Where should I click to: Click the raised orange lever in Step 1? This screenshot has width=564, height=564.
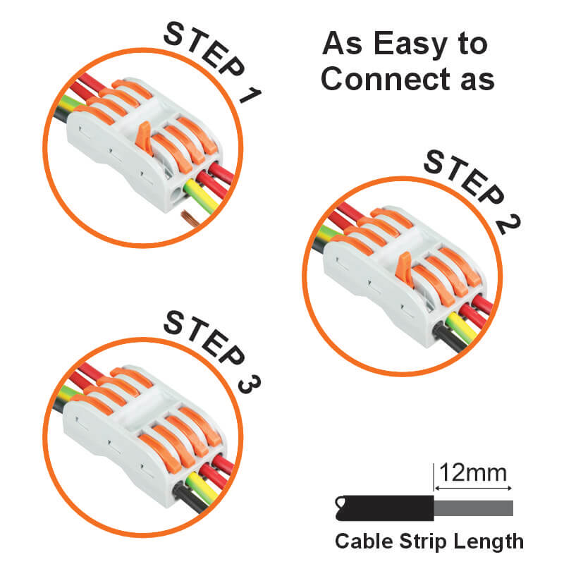[x=145, y=137]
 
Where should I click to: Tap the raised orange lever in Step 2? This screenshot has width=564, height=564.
[x=404, y=269]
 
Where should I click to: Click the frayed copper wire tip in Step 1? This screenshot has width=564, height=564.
[x=190, y=218]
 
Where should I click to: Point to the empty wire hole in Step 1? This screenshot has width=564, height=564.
[x=176, y=197]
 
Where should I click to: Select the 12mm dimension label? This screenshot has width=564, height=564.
[x=473, y=472]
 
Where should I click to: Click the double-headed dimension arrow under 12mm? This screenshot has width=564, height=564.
[x=473, y=488]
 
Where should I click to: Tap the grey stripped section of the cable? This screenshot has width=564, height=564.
[x=473, y=508]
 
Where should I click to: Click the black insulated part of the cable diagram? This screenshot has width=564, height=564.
[x=384, y=508]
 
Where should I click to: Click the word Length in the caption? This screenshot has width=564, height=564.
[x=489, y=541]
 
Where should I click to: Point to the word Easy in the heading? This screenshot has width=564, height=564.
[x=411, y=44]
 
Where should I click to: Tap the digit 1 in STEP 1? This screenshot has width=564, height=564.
[x=250, y=95]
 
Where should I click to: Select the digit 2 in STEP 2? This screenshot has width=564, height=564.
[x=508, y=225]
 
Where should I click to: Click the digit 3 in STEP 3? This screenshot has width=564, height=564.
[x=250, y=384]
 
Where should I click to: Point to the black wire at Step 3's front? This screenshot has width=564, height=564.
[x=190, y=498]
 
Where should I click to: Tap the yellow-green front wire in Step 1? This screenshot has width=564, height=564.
[x=202, y=196]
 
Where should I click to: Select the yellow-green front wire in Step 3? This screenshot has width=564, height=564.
[x=202, y=487]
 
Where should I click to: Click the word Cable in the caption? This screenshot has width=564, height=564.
[x=364, y=541]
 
